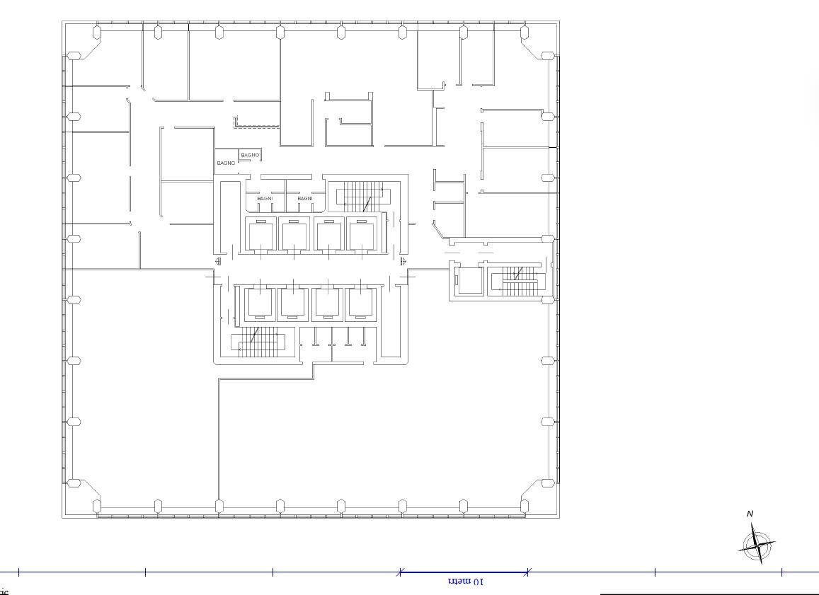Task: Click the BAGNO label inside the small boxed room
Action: pyautogui.click(x=250, y=155)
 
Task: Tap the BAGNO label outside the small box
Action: pyautogui.click(x=226, y=163)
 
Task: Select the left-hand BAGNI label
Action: pyautogui.click(x=265, y=199)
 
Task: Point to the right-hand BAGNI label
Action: pyautogui.click(x=305, y=199)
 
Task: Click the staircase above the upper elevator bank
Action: pyautogui.click(x=362, y=197)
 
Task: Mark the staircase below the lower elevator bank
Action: pyautogui.click(x=258, y=342)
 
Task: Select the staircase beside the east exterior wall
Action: pyautogui.click(x=519, y=280)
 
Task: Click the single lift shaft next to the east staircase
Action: pyautogui.click(x=468, y=279)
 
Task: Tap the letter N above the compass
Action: pyautogui.click(x=750, y=514)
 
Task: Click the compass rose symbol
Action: pyautogui.click(x=757, y=545)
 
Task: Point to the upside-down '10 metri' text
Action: pyautogui.click(x=466, y=582)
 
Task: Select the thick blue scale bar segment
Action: pyautogui.click(x=464, y=572)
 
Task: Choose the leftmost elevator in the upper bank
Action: pyautogui.click(x=260, y=235)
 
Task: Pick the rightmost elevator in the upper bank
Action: pyautogui.click(x=362, y=235)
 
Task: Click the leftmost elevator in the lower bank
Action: pyautogui.click(x=260, y=304)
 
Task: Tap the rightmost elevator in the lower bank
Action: pyautogui.click(x=360, y=304)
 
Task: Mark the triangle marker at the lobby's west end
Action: pyautogui.click(x=217, y=262)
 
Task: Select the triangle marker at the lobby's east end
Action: pyautogui.click(x=403, y=262)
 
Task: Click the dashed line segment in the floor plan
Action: pyautogui.click(x=258, y=127)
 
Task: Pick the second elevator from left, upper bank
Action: pyautogui.click(x=294, y=235)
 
